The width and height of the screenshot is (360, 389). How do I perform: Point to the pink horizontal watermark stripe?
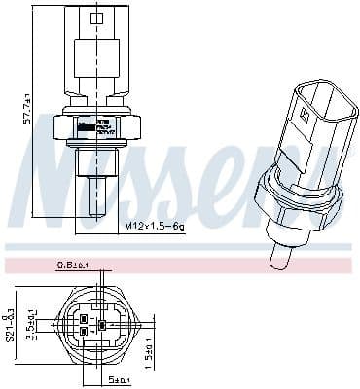click(180, 265)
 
